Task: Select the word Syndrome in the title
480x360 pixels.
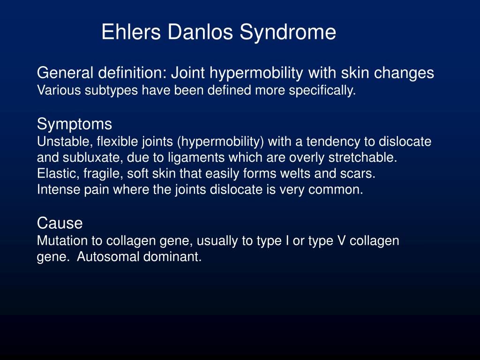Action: point(288,32)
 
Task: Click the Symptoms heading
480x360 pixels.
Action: point(75,124)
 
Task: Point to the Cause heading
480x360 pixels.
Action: point(60,223)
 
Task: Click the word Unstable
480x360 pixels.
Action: point(58,142)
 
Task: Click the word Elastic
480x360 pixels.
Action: point(52,174)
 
